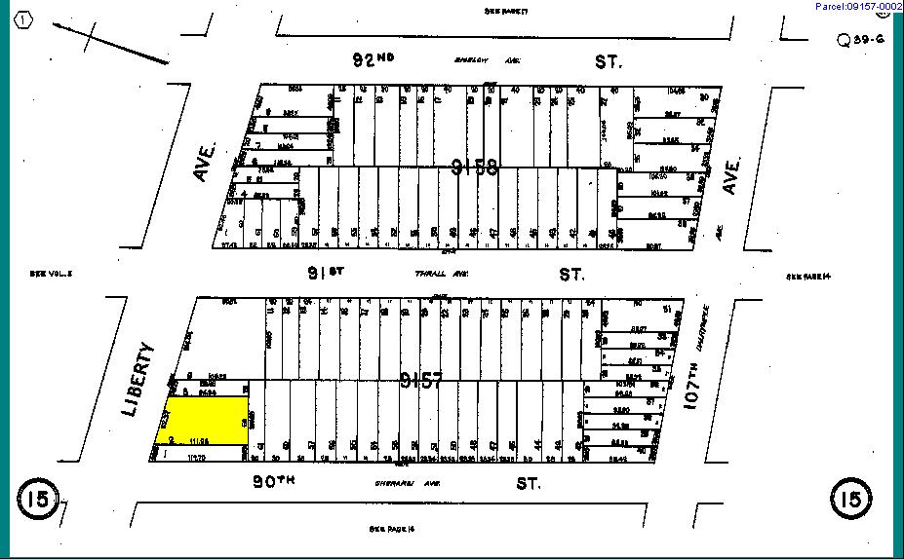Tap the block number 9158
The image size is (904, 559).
click(475, 168)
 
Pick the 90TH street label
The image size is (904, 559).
click(274, 481)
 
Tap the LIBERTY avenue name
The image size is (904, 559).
click(139, 379)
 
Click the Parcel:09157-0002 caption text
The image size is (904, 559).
click(858, 7)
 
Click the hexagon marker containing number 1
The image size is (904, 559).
click(24, 19)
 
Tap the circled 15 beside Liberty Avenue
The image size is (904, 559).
click(37, 500)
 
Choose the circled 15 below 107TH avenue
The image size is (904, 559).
click(848, 500)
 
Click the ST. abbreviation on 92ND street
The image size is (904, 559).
click(609, 61)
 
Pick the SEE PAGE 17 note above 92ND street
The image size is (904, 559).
click(505, 11)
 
